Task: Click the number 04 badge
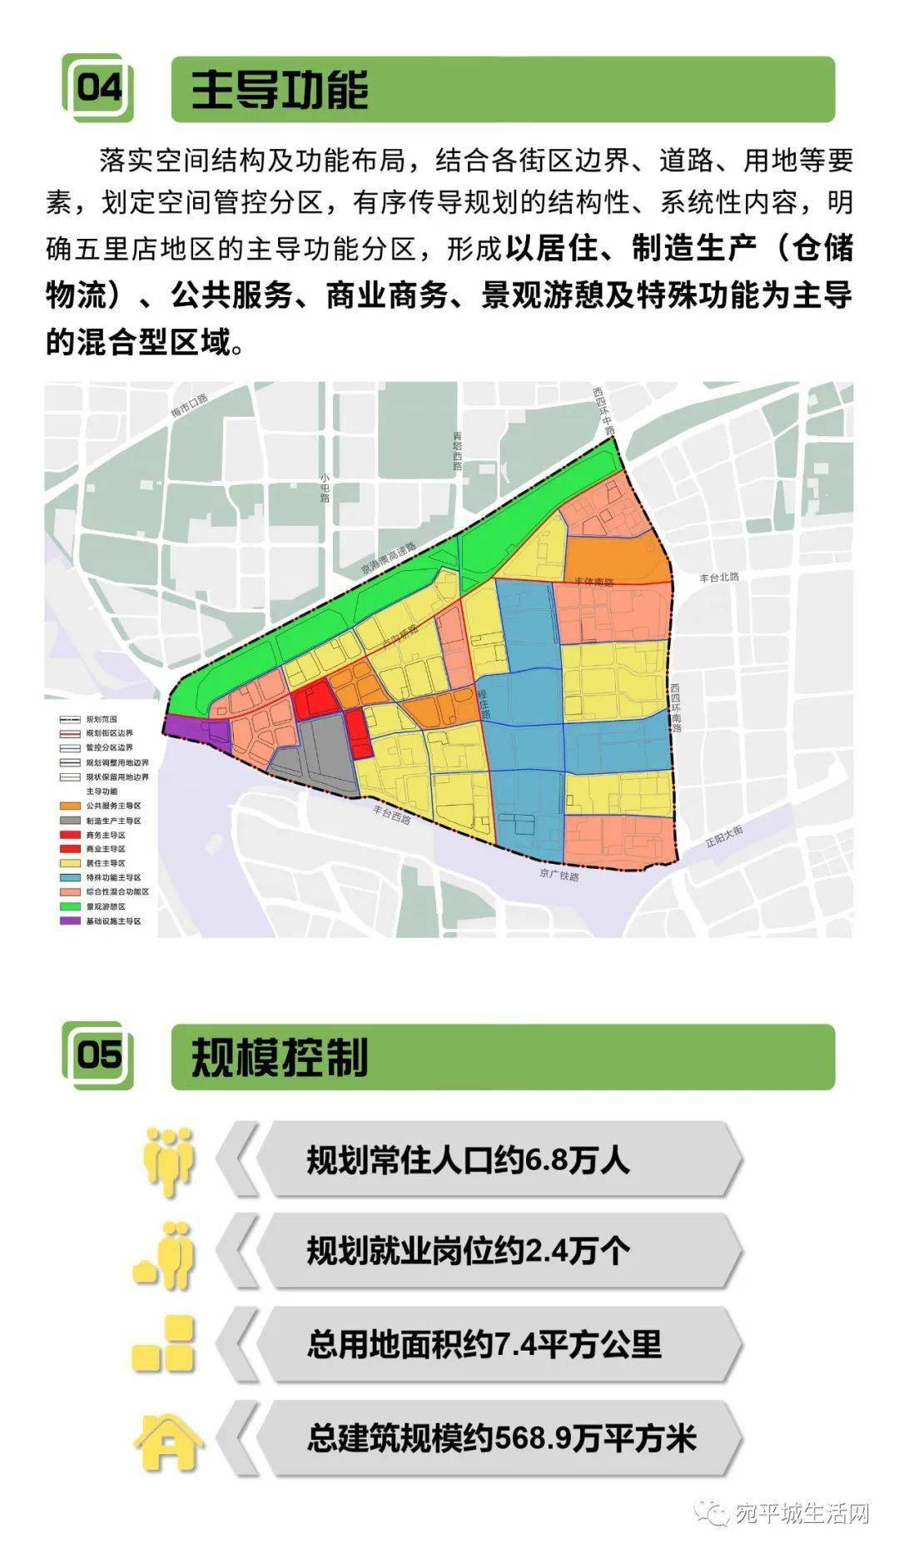tap(98, 87)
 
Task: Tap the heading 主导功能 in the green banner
tap(280, 89)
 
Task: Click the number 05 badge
tap(98, 1054)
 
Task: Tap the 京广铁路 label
tap(559, 875)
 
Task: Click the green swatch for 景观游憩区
tap(69, 906)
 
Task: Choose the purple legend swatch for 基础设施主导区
tap(69, 921)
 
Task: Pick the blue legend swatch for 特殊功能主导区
tap(69, 877)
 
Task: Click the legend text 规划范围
tap(102, 719)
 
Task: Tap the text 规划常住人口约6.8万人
tap(468, 1159)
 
